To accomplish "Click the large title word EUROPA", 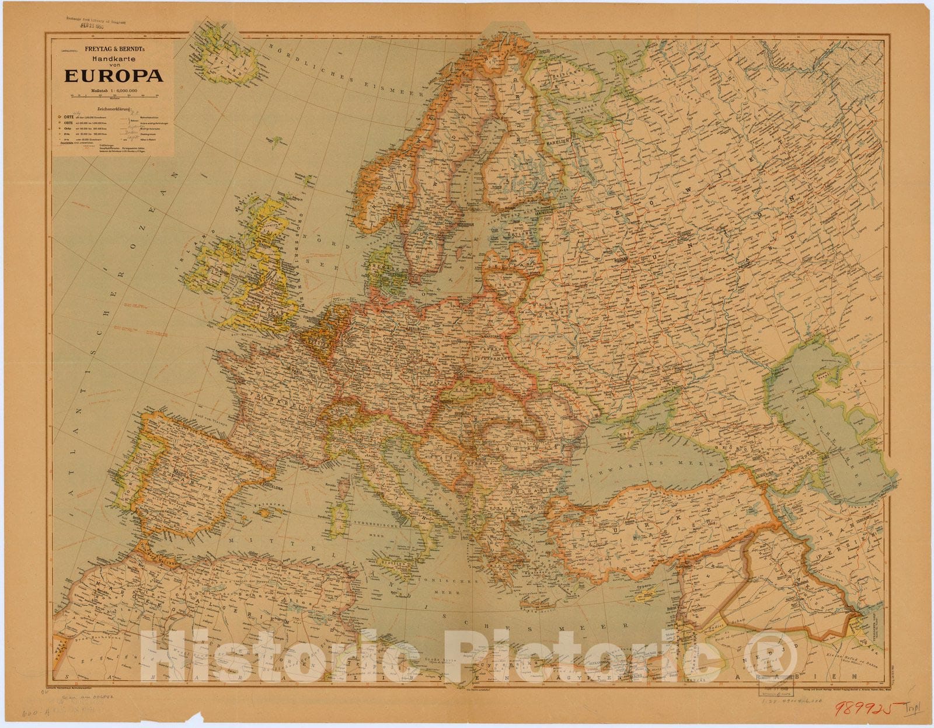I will click(x=113, y=75).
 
